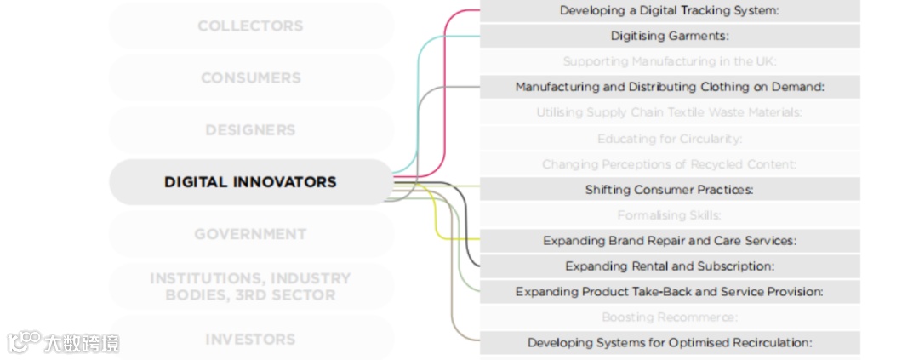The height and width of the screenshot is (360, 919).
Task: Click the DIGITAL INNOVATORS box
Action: click(x=250, y=182)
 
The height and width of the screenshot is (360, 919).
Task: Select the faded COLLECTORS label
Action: click(x=250, y=26)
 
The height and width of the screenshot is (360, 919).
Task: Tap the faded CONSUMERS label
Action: click(x=250, y=77)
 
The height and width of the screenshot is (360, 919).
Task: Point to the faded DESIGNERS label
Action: click(x=250, y=130)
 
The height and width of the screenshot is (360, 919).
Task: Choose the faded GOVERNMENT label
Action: click(x=250, y=234)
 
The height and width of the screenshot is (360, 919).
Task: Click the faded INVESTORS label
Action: click(x=250, y=339)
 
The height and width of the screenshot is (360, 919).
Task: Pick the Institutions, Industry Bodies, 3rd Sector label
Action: click(x=250, y=287)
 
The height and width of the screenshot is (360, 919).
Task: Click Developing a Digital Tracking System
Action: click(x=670, y=10)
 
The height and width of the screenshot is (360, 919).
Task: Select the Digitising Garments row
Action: click(x=670, y=36)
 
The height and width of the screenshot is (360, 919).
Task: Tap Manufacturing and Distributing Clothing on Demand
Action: click(x=670, y=87)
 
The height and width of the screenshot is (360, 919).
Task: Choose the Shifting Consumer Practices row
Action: click(x=670, y=190)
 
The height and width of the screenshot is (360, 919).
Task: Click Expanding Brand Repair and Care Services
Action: click(x=670, y=241)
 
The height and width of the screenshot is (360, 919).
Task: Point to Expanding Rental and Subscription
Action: click(x=670, y=266)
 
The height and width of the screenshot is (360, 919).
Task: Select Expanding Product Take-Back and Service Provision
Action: click(x=670, y=292)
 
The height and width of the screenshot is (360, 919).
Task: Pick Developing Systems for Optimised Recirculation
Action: click(x=670, y=343)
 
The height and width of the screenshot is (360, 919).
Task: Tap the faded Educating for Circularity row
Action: click(x=670, y=139)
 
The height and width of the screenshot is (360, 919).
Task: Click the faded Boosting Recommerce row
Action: click(x=670, y=317)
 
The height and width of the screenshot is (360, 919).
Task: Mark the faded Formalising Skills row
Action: click(x=670, y=215)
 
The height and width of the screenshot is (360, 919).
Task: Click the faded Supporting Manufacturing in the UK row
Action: click(x=670, y=61)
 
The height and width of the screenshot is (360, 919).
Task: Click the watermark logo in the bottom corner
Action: click(x=26, y=342)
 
